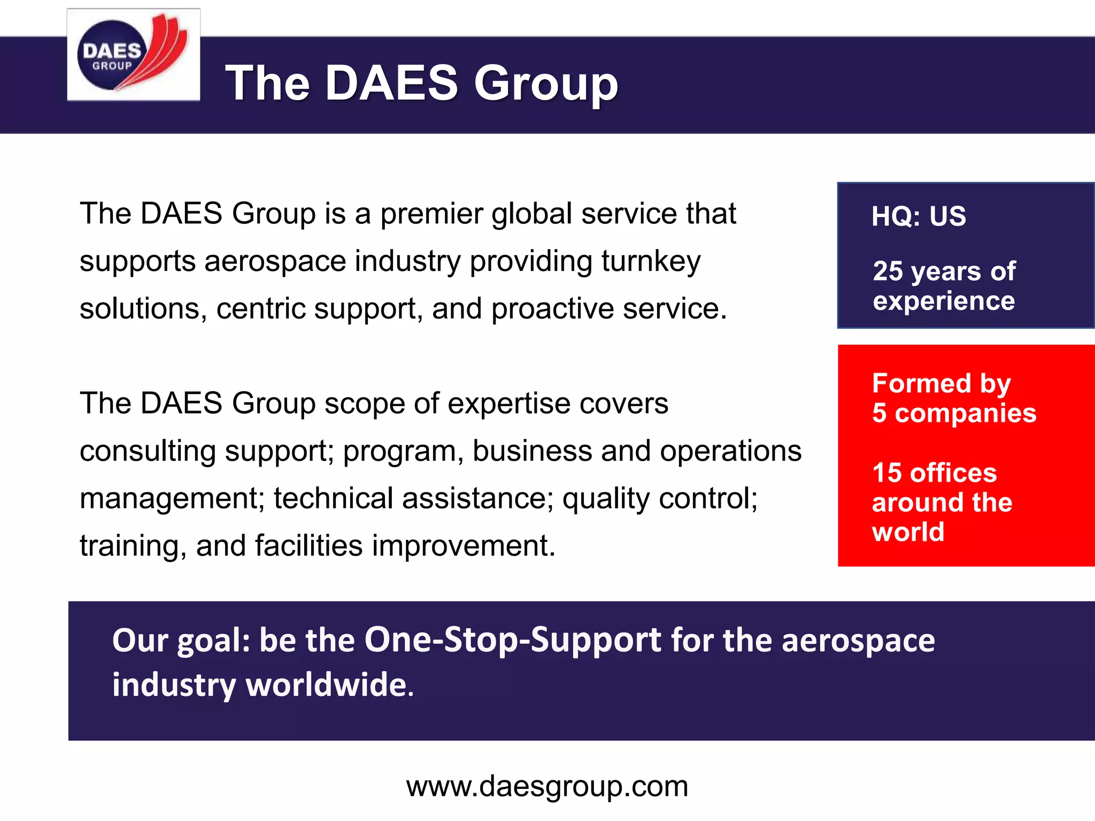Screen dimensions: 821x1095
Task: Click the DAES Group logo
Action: pyautogui.click(x=133, y=55)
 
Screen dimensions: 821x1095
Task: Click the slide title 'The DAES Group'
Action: pyautogui.click(x=421, y=83)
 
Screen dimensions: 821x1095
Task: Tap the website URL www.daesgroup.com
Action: pyautogui.click(x=547, y=786)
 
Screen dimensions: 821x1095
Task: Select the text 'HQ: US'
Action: pyautogui.click(x=919, y=216)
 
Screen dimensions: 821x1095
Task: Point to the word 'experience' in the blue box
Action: pyautogui.click(x=944, y=301)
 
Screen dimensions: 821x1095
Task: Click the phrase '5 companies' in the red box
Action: pyautogui.click(x=954, y=413)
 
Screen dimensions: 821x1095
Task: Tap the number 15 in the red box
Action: pyautogui.click(x=887, y=473)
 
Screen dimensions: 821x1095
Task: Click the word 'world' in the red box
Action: pyautogui.click(x=908, y=532)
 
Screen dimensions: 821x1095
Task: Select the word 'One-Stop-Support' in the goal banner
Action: pyautogui.click(x=513, y=640)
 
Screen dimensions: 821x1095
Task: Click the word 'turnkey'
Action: pyautogui.click(x=651, y=262)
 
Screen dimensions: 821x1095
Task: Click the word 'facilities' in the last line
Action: pyautogui.click(x=309, y=546)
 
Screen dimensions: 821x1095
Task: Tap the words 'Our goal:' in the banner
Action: pyautogui.click(x=181, y=640)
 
